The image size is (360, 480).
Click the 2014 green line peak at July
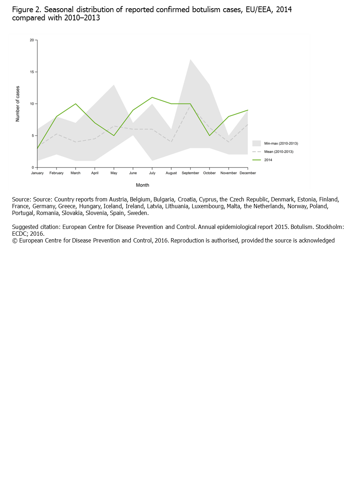152,97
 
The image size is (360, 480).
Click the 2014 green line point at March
76,104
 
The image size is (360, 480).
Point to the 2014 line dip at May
114,135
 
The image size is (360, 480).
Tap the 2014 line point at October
210,135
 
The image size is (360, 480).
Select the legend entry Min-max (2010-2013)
281,144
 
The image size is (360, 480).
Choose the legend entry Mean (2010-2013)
279,152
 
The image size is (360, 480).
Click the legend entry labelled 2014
268,160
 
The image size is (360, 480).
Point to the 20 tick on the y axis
32,40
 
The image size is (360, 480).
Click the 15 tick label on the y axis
32,72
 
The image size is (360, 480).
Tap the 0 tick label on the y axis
33,167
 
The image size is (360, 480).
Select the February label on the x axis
56,173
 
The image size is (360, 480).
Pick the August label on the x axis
171,173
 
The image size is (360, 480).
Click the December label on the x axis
247,173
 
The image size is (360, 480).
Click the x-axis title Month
142,185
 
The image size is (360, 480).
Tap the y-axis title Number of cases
17,104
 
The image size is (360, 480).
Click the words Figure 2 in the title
26,10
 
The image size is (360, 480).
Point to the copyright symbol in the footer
15,241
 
